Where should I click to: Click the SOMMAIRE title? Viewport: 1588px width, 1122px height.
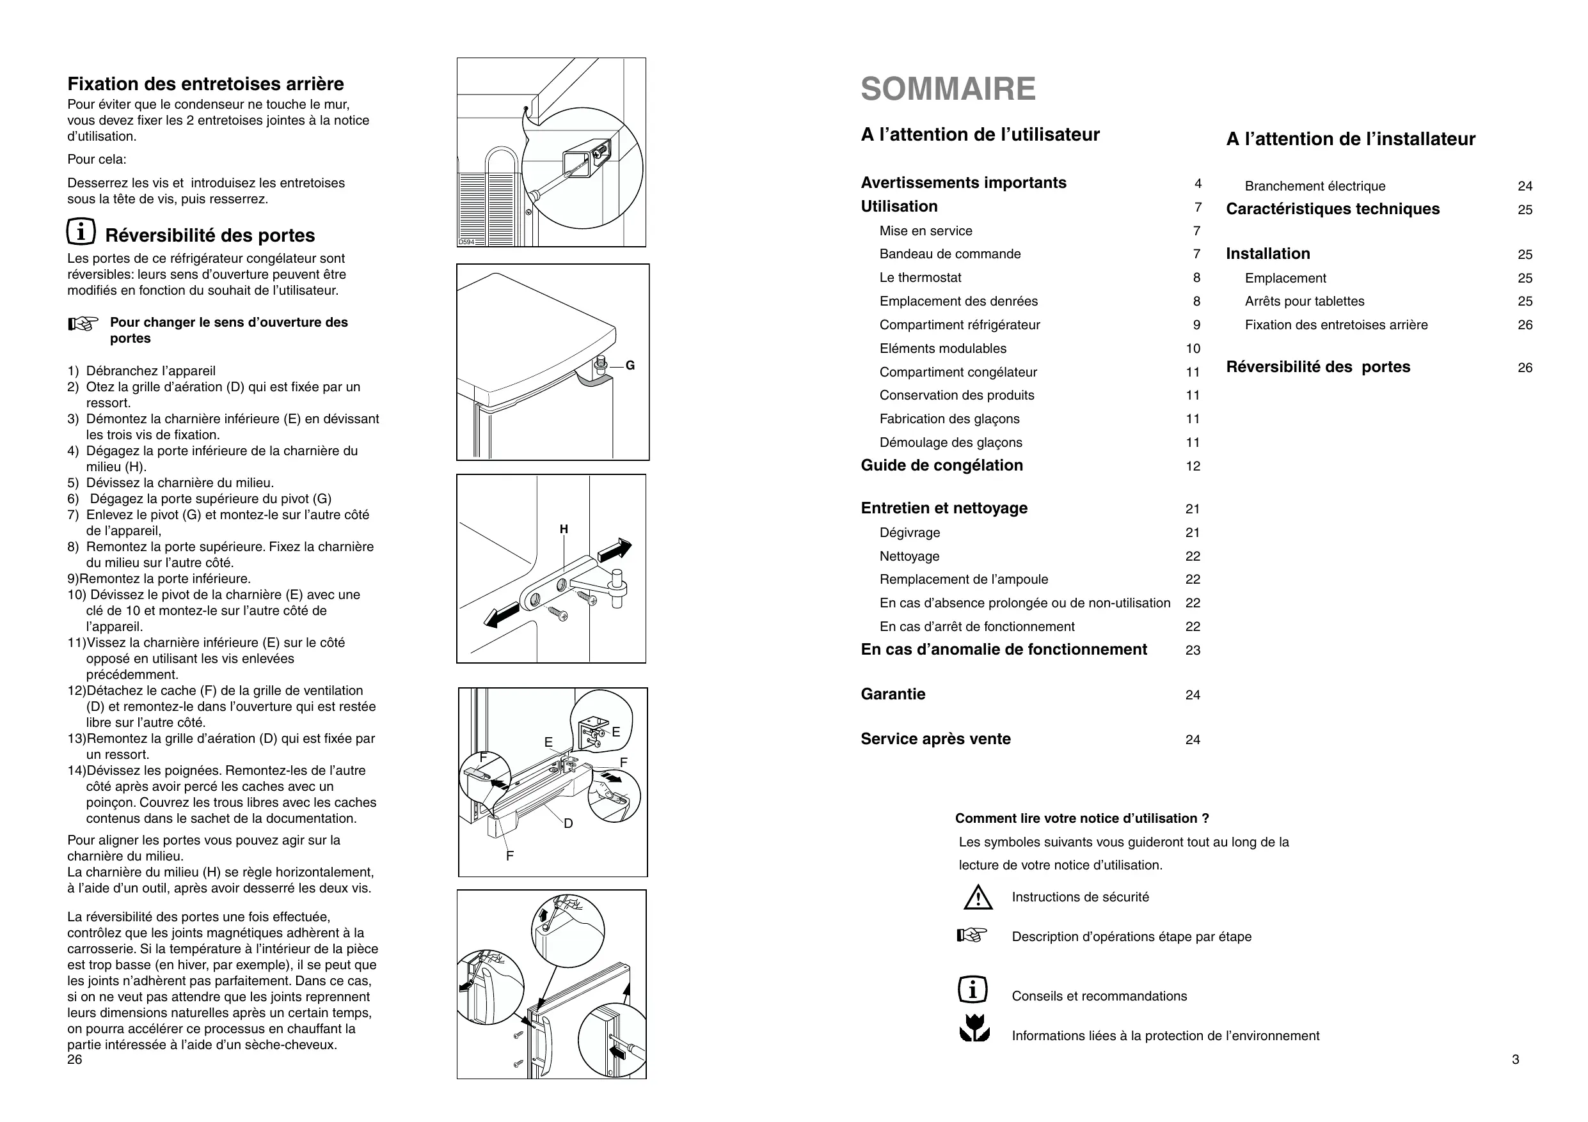[948, 88]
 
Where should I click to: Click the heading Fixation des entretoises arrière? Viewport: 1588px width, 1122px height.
[205, 84]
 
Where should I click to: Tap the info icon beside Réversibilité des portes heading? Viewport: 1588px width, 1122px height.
[81, 231]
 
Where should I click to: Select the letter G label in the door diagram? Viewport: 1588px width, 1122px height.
[630, 366]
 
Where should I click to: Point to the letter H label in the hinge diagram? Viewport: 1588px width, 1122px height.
[564, 529]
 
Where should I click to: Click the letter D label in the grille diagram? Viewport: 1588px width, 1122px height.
[568, 823]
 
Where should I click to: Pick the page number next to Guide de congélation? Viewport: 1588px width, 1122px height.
[1193, 466]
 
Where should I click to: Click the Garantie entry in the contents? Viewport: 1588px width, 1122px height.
[893, 694]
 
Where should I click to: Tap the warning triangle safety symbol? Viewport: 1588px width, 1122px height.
[977, 898]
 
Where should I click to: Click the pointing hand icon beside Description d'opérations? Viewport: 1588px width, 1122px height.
[972, 936]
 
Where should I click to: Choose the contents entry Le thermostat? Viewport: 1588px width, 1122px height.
[920, 277]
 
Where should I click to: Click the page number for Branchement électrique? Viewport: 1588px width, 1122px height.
[1525, 186]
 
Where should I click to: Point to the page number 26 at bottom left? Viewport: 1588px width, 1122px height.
[75, 1059]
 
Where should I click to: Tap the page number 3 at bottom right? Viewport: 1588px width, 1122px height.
[1515, 1059]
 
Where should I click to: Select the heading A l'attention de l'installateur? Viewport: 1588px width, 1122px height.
[1350, 139]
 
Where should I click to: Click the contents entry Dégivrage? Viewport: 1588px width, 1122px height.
[910, 533]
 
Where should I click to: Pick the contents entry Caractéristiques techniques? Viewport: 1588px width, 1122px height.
[1332, 209]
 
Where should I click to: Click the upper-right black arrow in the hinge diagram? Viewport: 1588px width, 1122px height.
[615, 550]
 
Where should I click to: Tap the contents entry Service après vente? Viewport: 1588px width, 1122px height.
[935, 739]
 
